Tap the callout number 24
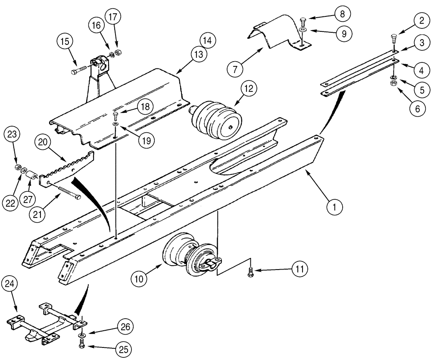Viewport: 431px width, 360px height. [x=10, y=285]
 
